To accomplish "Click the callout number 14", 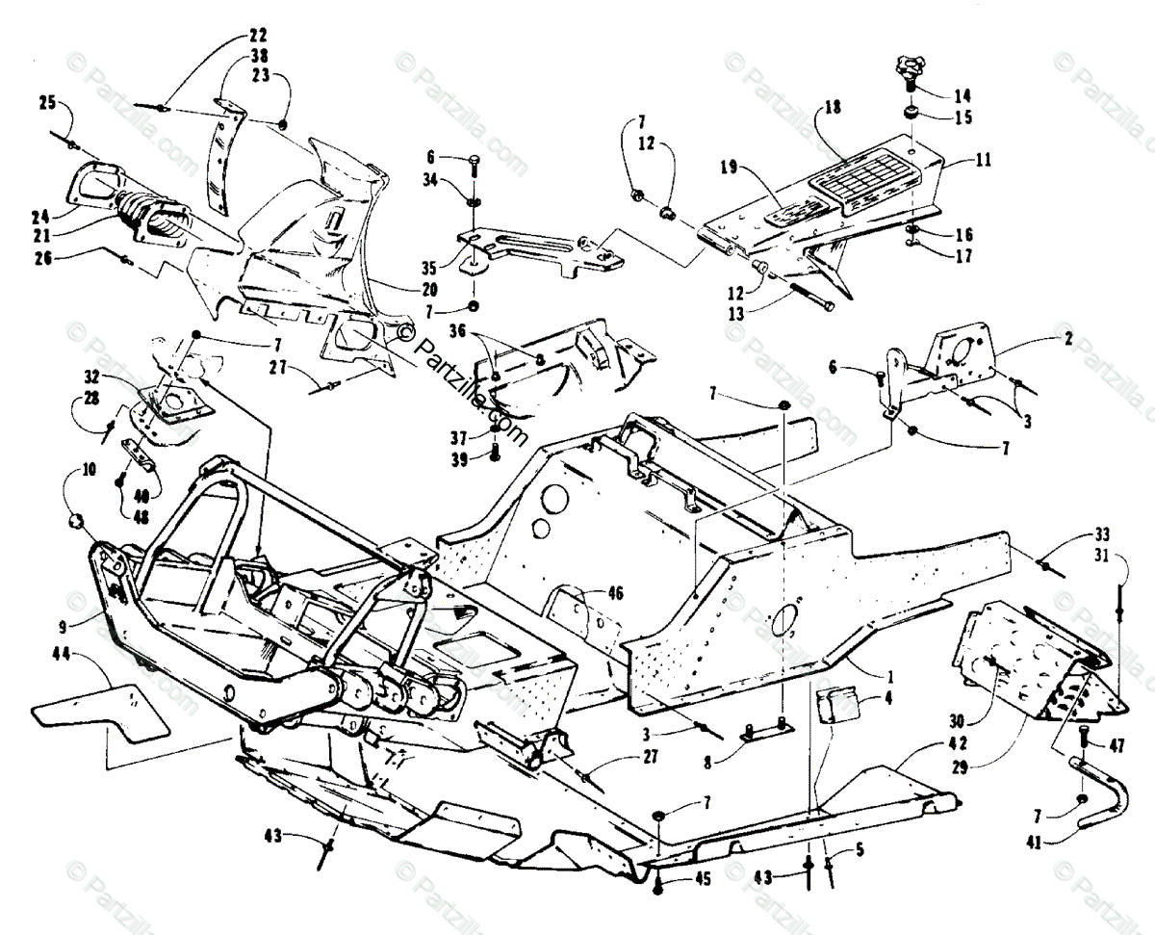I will tap(962, 96).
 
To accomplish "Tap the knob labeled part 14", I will tap(909, 68).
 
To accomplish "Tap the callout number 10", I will tap(89, 472).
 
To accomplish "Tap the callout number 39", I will tap(459, 459).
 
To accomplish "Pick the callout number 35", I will tap(429, 267).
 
